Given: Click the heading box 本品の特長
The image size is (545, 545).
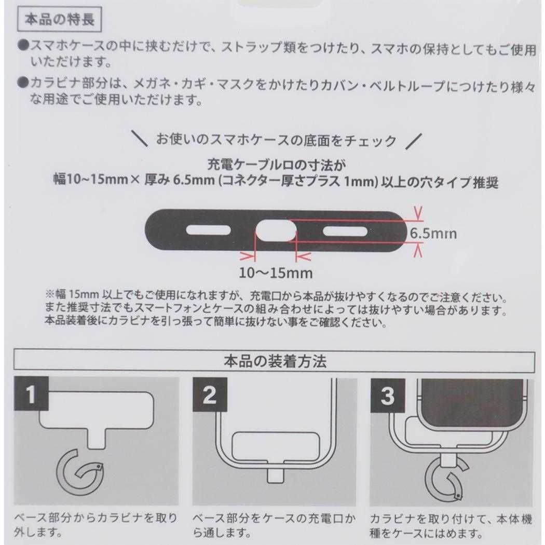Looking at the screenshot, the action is point(59,19).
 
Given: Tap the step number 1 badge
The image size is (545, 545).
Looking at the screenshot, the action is point(31,394).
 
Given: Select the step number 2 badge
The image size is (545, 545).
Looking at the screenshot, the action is point(210,394).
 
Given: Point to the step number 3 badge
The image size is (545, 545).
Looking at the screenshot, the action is point(388,396).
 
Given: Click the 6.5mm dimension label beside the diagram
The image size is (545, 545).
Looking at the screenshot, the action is point(433,233).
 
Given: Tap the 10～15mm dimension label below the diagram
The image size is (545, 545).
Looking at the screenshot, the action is point(276,273).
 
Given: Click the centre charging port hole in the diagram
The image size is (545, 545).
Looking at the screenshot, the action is point(276,230).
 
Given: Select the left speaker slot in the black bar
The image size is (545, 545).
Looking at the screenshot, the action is point(209,230).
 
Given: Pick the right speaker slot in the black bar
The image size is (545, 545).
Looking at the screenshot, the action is point(345,231).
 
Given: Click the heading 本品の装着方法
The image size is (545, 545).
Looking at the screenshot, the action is point(275,361).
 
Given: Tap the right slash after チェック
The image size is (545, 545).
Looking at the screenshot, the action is point(414,141).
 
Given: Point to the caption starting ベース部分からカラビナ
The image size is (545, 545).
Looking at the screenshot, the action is point(96,525).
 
